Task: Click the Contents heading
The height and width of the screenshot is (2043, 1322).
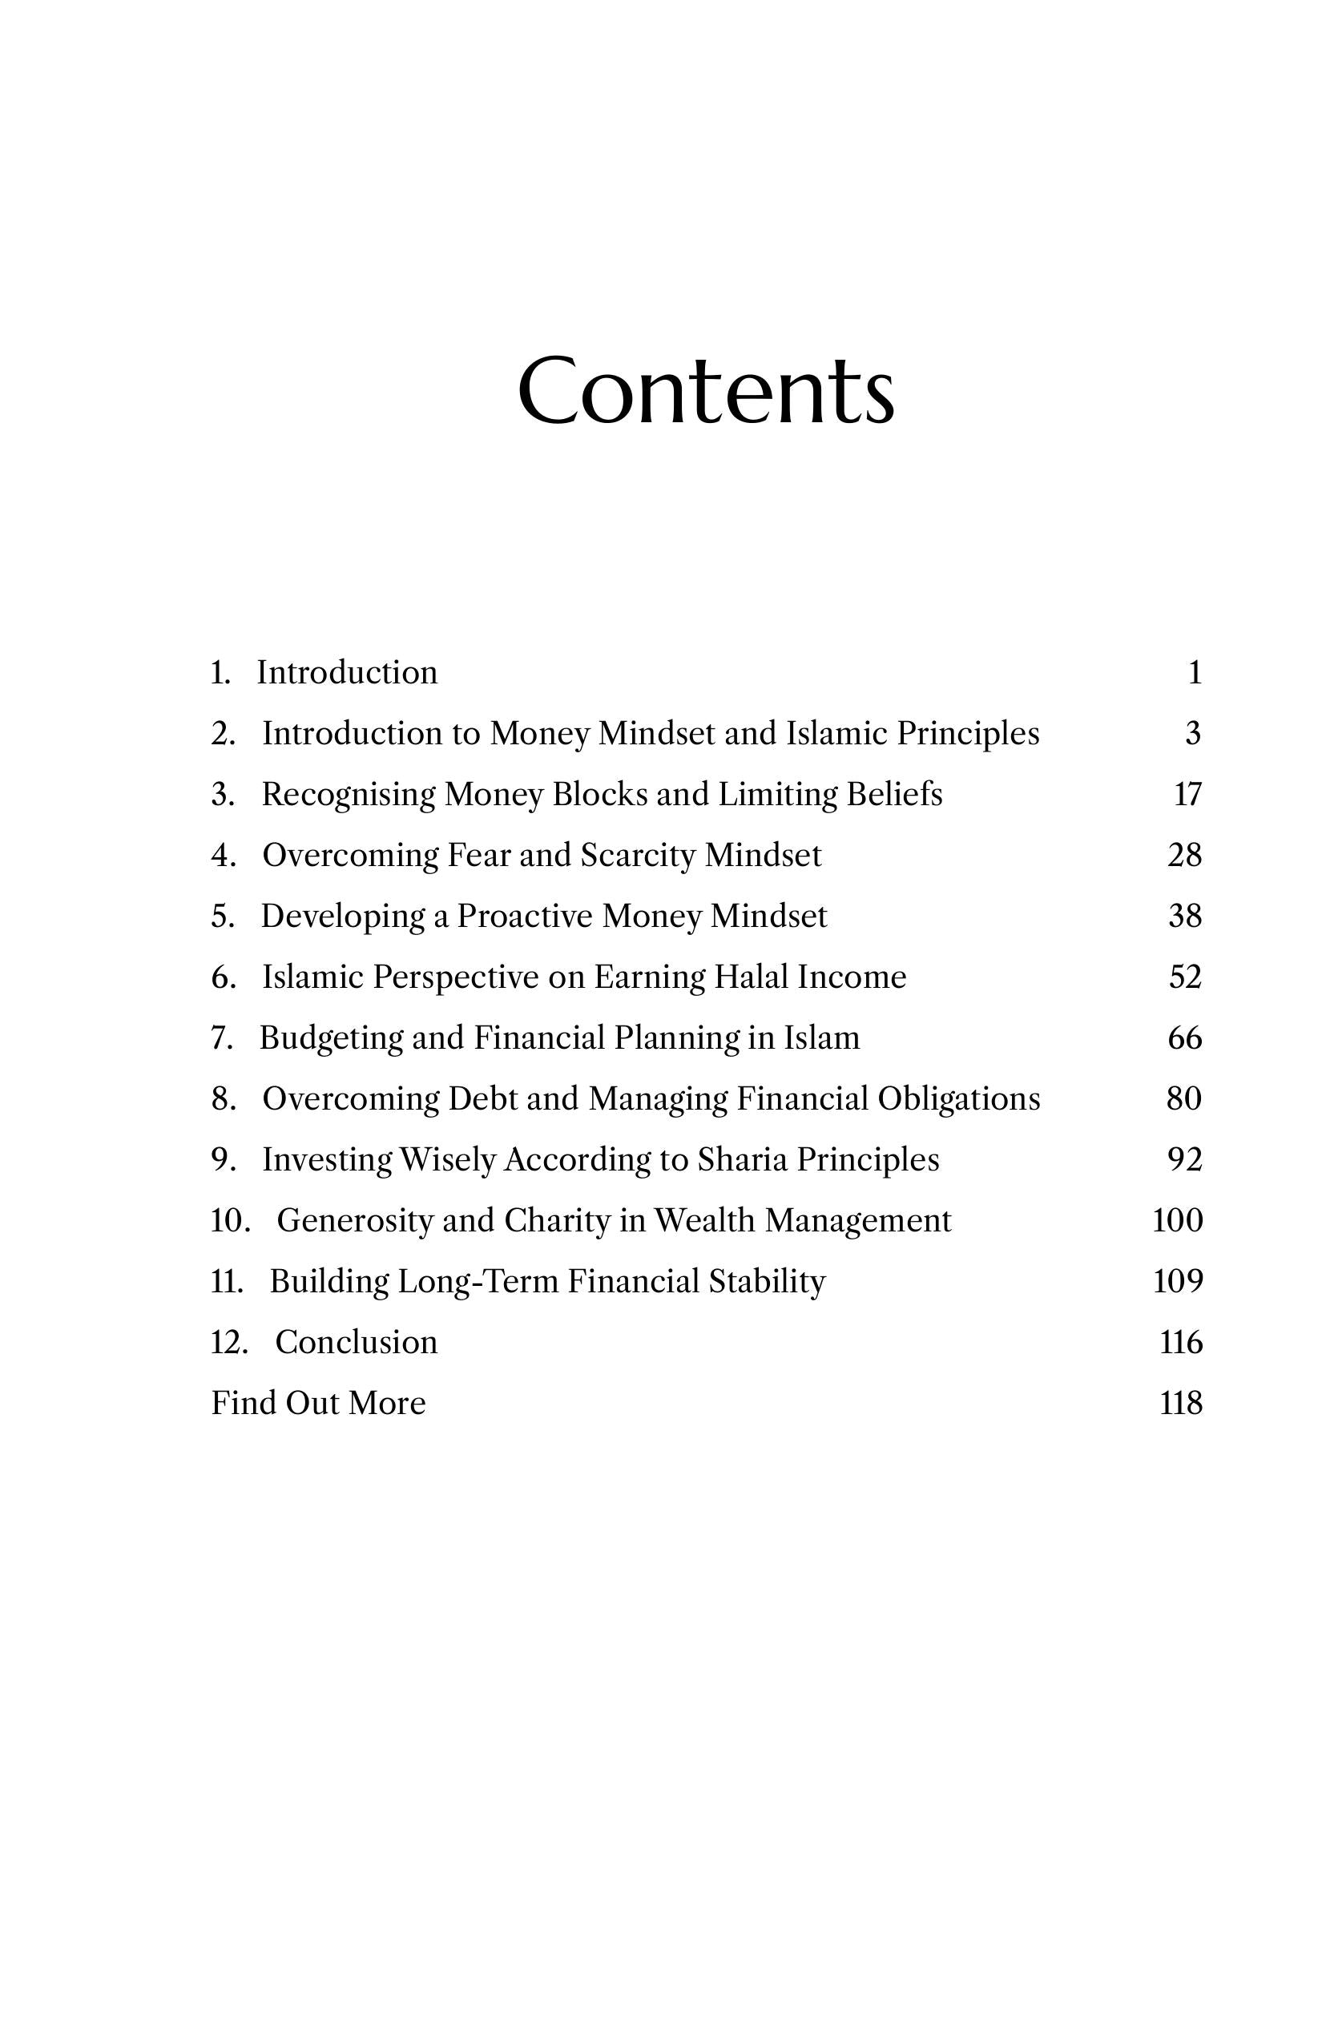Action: (x=706, y=391)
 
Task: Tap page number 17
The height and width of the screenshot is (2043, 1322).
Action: (x=1187, y=794)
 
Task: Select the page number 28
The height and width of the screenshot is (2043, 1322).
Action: (x=1185, y=855)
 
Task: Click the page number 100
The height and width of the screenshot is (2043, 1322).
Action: (x=1177, y=1221)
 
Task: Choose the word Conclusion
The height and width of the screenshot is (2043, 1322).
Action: (x=357, y=1343)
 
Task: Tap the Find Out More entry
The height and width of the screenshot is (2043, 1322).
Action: (x=319, y=1404)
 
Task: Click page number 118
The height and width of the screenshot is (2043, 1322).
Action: (x=1180, y=1404)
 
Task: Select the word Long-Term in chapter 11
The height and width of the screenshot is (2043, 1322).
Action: (x=478, y=1282)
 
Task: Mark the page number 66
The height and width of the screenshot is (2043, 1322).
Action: (x=1185, y=1038)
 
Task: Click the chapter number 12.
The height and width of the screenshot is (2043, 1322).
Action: (x=228, y=1343)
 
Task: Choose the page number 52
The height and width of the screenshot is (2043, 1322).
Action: (x=1185, y=977)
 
